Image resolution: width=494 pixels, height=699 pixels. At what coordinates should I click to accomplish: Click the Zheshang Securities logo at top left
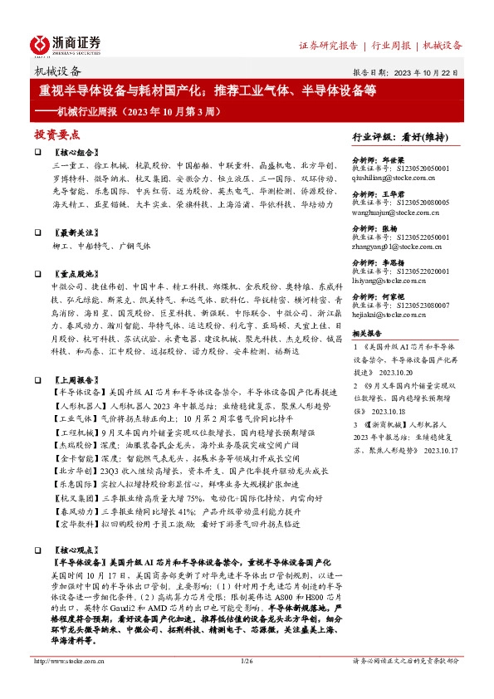66,44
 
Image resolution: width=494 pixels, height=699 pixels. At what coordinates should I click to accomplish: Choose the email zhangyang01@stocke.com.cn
393,247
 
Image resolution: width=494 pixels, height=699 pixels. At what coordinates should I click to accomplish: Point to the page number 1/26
246,684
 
